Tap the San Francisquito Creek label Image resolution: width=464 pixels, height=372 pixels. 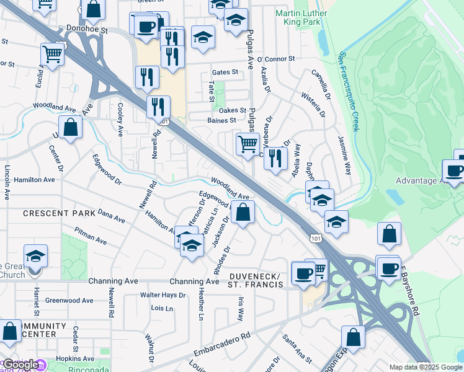(x=348, y=92)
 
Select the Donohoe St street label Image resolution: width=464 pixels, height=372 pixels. (x=87, y=29)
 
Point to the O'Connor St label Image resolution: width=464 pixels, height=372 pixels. (x=275, y=59)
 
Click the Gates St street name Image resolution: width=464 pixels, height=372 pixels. (x=225, y=72)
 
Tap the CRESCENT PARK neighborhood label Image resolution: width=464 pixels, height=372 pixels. (x=60, y=213)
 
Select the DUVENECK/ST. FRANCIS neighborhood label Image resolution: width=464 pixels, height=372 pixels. (x=255, y=280)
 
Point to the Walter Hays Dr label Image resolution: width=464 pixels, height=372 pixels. (x=163, y=295)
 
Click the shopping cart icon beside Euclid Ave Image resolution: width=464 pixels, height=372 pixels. (x=53, y=54)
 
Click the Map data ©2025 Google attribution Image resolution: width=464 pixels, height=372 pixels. (x=425, y=366)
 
